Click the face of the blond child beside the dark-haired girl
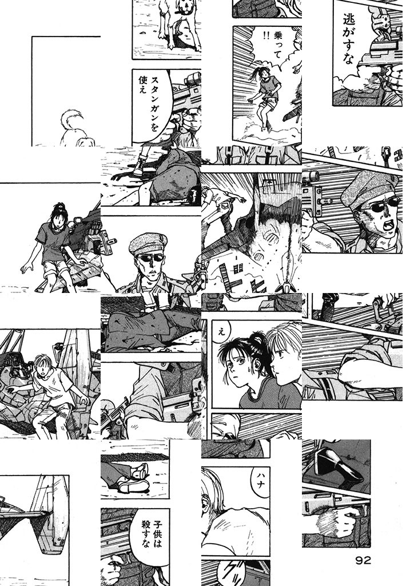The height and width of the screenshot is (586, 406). click(x=284, y=355)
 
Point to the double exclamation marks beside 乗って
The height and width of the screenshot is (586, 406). click(x=266, y=36)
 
